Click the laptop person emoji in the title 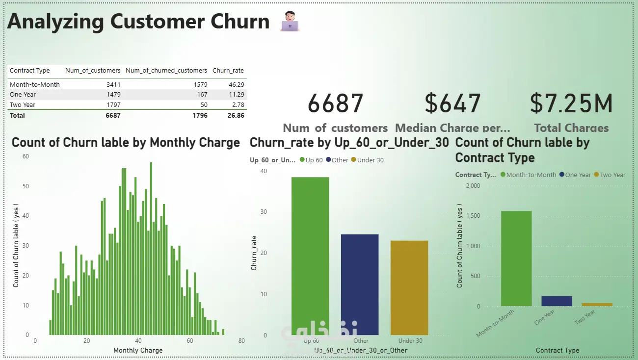(290, 22)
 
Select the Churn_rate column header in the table (228, 71)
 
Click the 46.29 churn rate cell (236, 84)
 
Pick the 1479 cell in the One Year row (113, 95)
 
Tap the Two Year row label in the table (23, 104)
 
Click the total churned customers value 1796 (199, 116)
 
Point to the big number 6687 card (335, 104)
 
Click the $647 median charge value (452, 104)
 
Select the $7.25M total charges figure (571, 104)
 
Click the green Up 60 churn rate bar (310, 256)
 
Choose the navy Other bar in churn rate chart (360, 284)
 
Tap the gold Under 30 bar (409, 287)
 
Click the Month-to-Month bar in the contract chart (516, 258)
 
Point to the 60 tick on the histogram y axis (26, 156)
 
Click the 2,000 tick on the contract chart (473, 186)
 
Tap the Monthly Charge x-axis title (138, 350)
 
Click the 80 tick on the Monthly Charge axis (241, 341)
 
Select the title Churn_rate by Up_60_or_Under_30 (349, 143)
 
